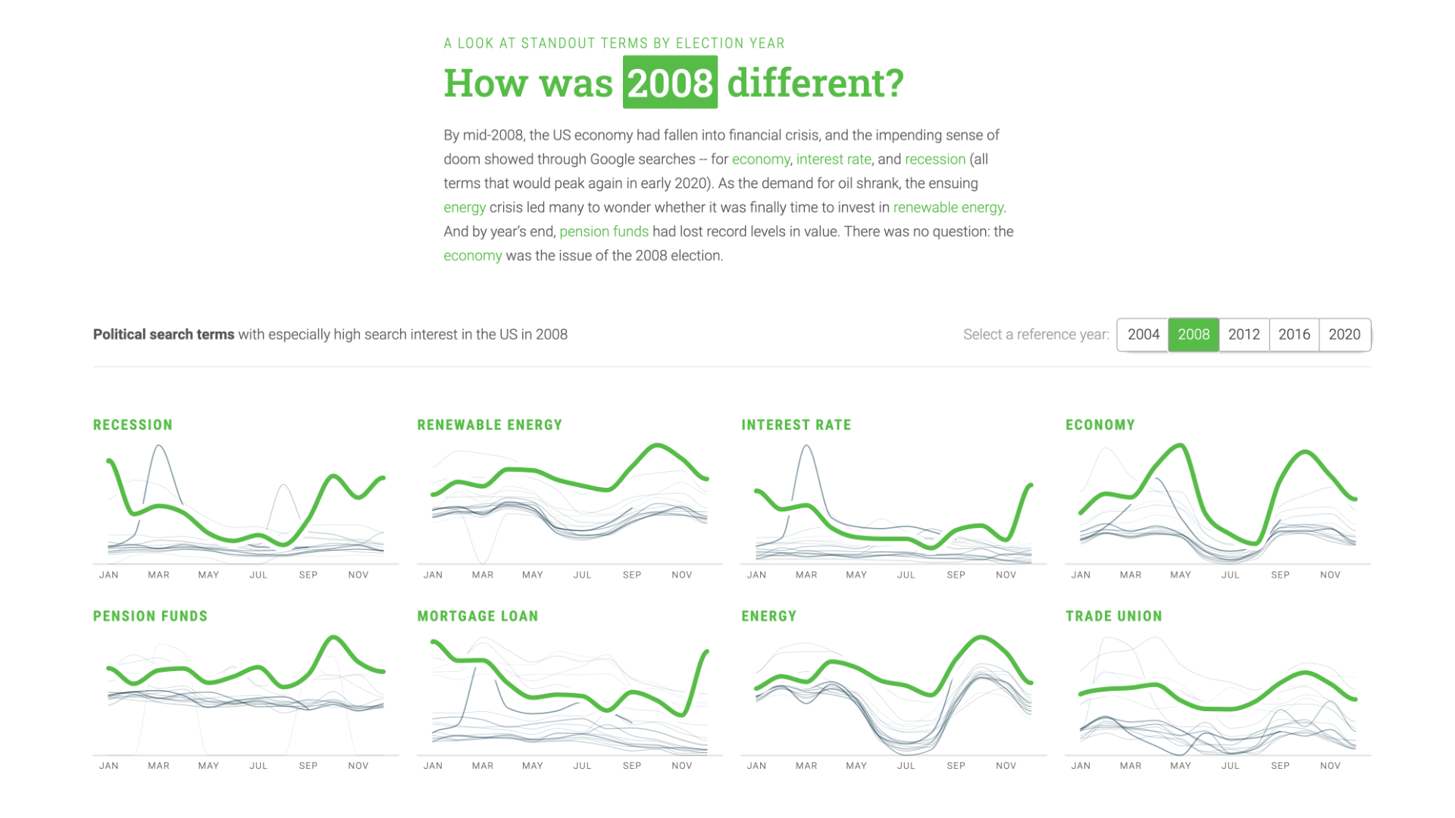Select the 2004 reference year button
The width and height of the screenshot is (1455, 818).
click(1143, 335)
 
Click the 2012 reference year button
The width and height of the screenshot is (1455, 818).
click(1244, 335)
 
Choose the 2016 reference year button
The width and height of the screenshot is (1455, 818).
click(1294, 335)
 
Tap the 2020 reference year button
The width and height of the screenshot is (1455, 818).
click(1344, 335)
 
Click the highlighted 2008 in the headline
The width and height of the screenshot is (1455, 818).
click(670, 83)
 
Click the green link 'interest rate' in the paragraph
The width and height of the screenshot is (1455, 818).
click(833, 159)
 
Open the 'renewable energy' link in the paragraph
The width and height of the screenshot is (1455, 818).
click(948, 208)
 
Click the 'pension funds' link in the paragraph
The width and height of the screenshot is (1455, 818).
click(604, 232)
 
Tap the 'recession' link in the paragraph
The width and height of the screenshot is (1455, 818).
click(934, 159)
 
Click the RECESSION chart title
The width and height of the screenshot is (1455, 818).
click(133, 425)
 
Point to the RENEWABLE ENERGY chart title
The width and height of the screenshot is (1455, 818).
click(490, 425)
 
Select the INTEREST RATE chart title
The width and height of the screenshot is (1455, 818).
click(796, 425)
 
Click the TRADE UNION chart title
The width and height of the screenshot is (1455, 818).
click(1113, 617)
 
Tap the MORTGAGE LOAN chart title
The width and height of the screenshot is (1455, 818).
click(477, 617)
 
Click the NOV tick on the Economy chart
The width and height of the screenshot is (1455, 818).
click(1330, 575)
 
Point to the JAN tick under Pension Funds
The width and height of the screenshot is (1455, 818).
click(109, 766)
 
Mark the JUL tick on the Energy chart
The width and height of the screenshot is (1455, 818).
click(906, 766)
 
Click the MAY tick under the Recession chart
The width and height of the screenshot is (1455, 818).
click(208, 575)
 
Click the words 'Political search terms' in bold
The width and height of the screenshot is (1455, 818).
click(164, 335)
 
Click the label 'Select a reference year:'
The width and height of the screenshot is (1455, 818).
click(1035, 335)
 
